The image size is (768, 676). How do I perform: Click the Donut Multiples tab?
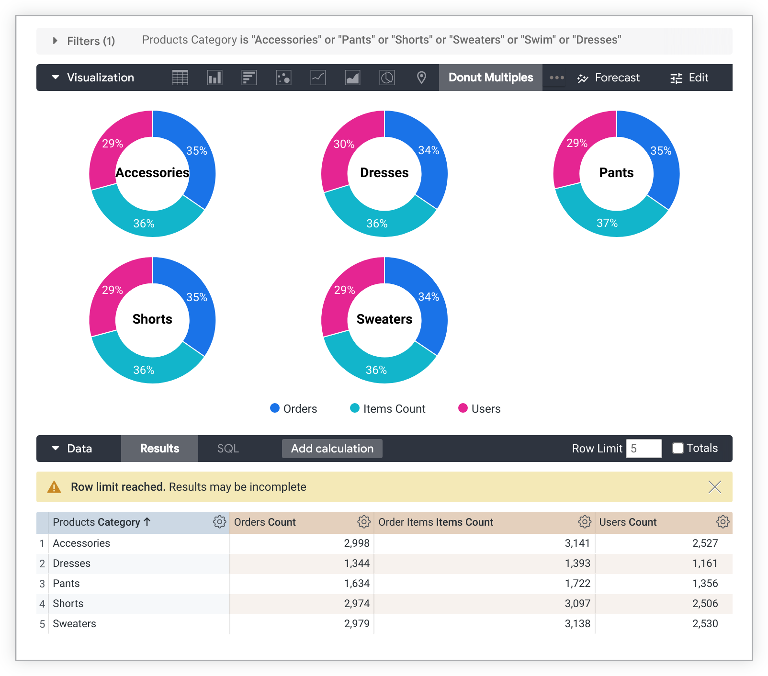click(x=490, y=78)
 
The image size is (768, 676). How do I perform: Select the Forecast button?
click(x=609, y=78)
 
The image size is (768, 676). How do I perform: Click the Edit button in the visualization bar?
click(x=689, y=78)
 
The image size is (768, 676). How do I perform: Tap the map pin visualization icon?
click(x=421, y=78)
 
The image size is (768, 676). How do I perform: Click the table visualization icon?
click(x=180, y=78)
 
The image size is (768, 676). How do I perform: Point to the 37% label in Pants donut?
click(x=607, y=223)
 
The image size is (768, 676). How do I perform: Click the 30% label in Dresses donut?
click(x=344, y=144)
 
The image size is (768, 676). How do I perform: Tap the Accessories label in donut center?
click(x=152, y=173)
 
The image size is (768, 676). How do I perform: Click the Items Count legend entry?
click(x=388, y=409)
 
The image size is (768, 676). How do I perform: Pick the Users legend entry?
click(x=479, y=409)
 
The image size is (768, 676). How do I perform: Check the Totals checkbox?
click(x=678, y=448)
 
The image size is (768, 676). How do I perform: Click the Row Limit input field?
click(x=644, y=449)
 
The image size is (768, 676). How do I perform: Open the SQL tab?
click(x=228, y=449)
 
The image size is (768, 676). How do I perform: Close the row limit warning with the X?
click(x=714, y=487)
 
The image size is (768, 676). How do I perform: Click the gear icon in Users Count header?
click(x=723, y=522)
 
